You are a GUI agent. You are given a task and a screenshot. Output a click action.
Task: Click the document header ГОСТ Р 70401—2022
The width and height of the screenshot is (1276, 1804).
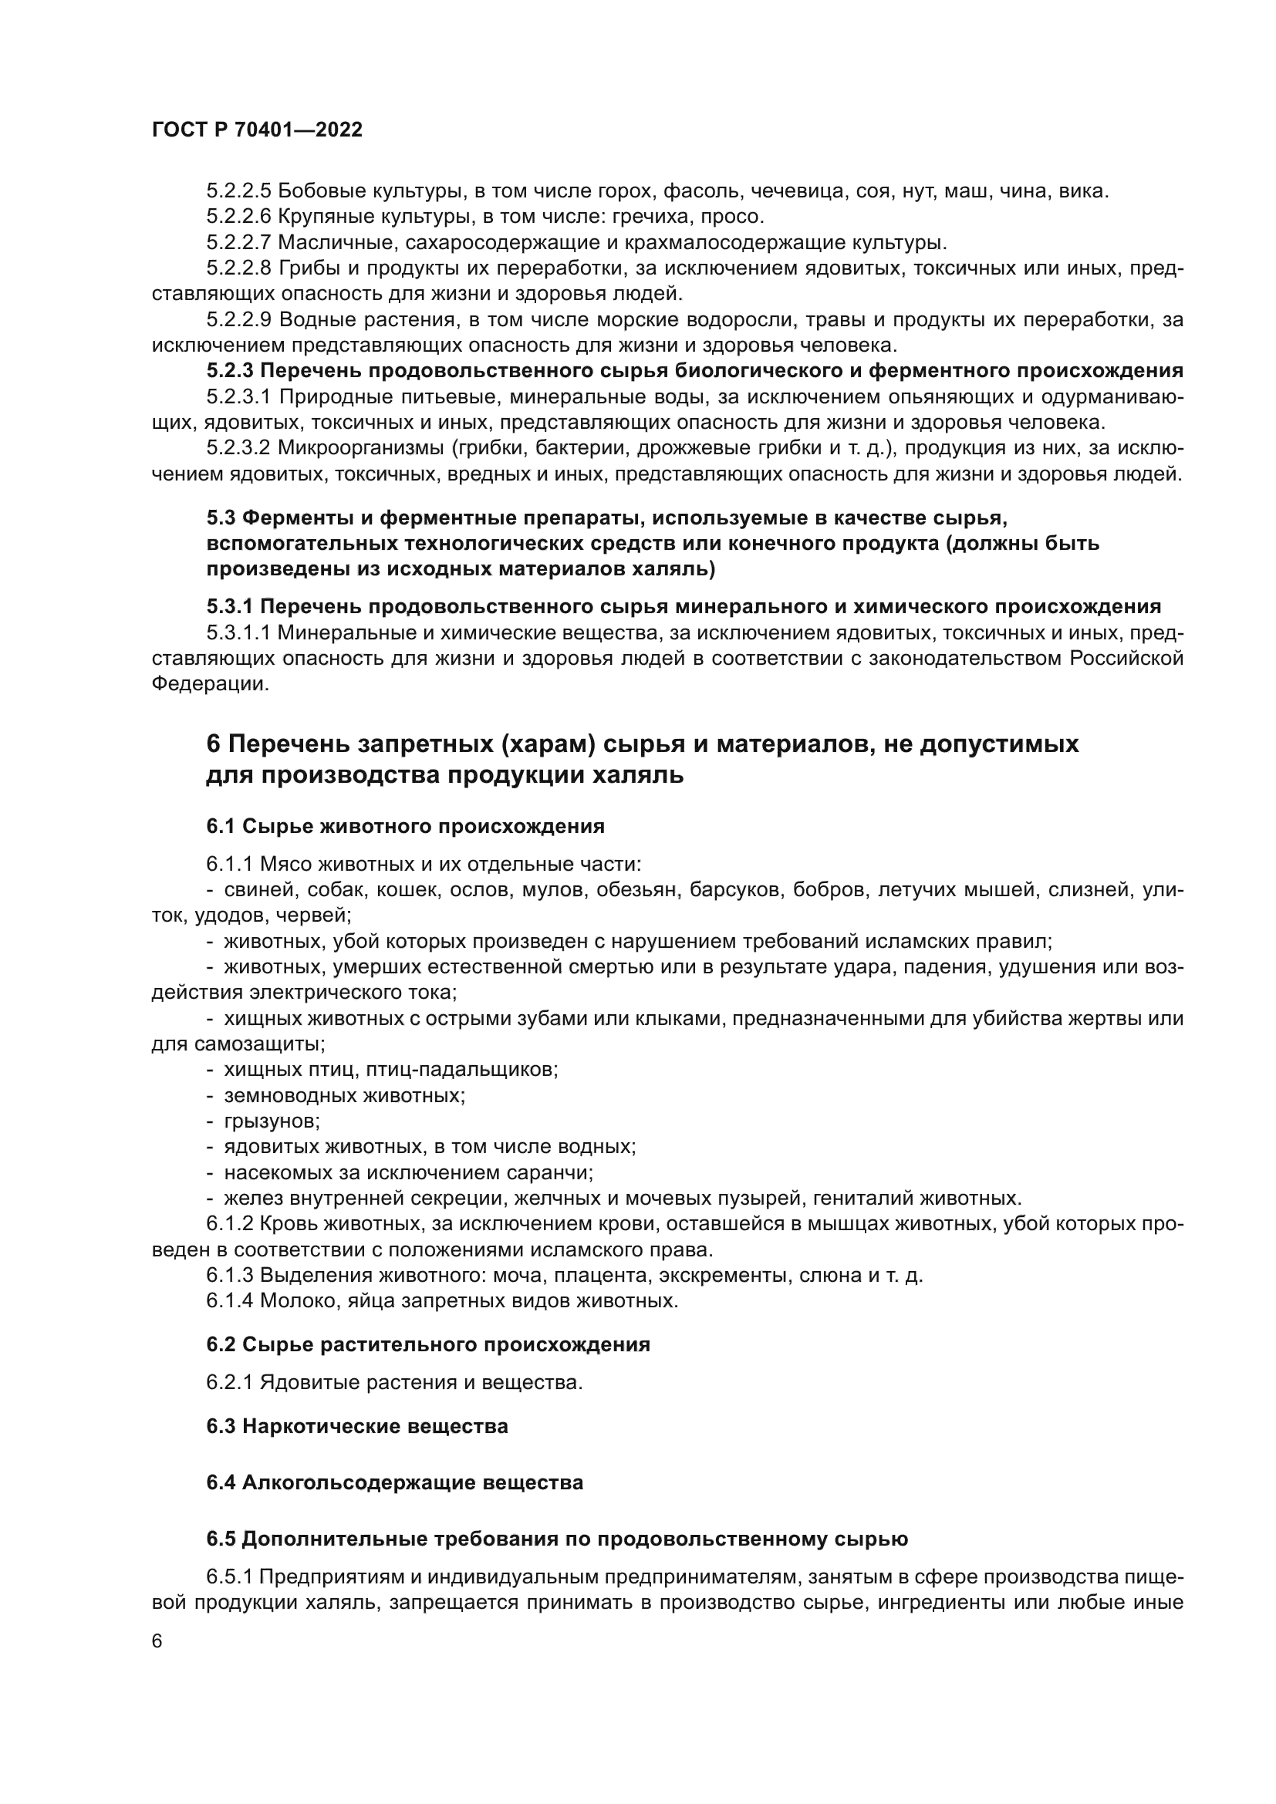tap(257, 130)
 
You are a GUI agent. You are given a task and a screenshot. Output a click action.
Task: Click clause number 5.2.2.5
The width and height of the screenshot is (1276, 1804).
tap(239, 191)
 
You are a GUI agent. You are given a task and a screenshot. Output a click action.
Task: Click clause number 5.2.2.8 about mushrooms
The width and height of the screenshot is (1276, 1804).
tap(239, 268)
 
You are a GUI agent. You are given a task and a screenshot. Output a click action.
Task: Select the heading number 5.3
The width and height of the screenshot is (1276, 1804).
tap(221, 518)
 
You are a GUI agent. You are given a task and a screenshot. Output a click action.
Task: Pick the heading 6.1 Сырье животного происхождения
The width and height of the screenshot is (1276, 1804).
tap(406, 826)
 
